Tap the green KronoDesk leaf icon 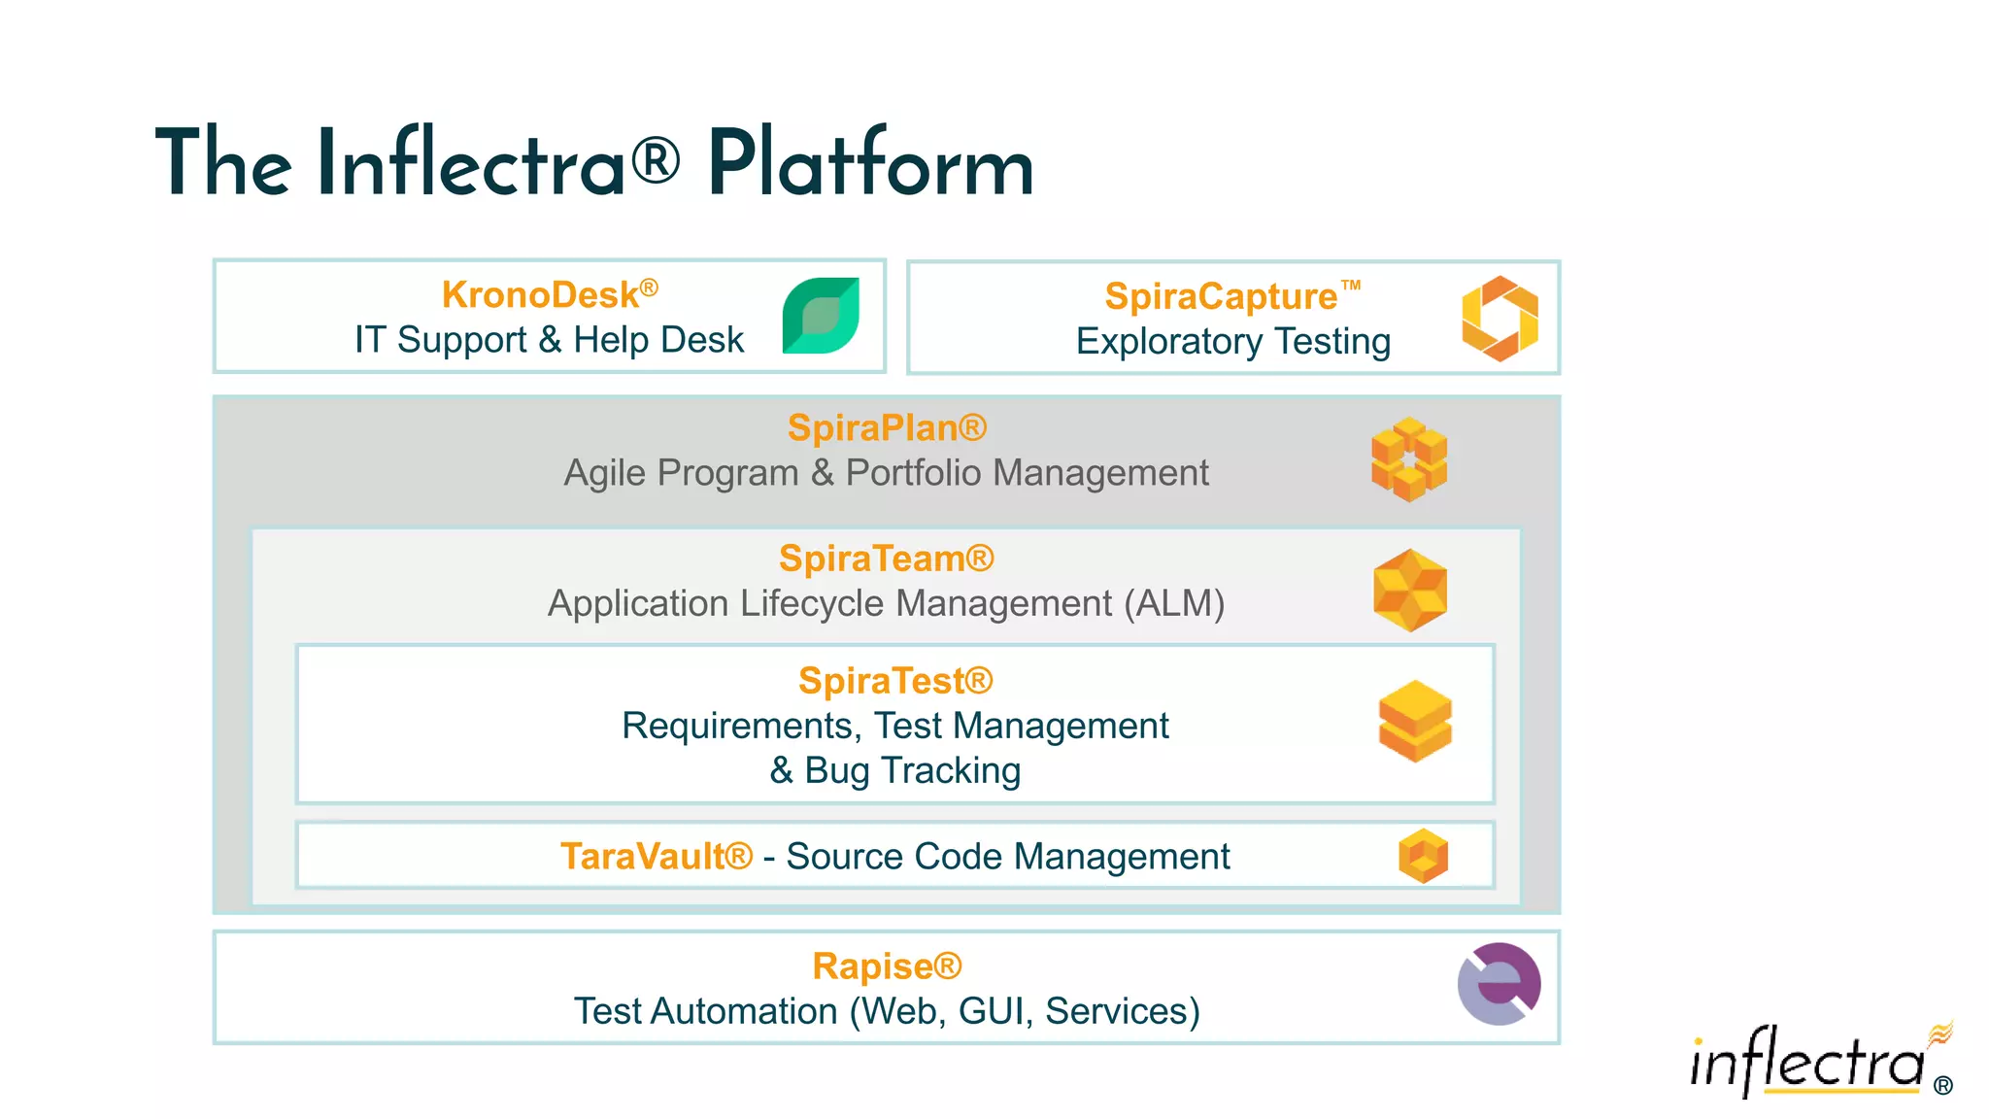coord(821,316)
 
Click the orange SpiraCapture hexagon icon coord(1500,318)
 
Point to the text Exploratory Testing coord(1232,342)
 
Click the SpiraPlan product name coord(886,427)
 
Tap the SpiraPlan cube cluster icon coord(1408,459)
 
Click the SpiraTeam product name coord(886,559)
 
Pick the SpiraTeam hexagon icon coord(1410,590)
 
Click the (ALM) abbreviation coord(1174,603)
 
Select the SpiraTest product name coord(894,681)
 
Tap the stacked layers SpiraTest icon coord(1415,721)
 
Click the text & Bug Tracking coord(894,770)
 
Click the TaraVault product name coord(656,857)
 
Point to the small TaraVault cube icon coord(1423,856)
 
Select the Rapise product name coord(886,966)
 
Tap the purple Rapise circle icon coord(1499,984)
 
